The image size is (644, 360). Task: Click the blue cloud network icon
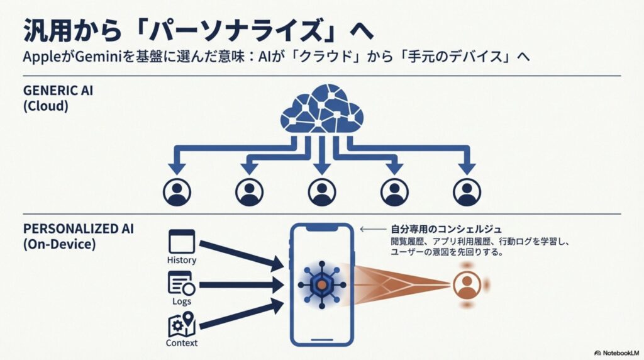point(322,111)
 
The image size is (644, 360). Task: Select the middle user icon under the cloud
point(322,191)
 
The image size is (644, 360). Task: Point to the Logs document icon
point(181,283)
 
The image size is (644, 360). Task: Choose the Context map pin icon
point(182,325)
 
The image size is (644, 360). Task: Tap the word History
point(182,261)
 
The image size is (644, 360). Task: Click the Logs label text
point(182,302)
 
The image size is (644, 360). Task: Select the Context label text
point(182,344)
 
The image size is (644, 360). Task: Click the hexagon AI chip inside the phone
point(321,285)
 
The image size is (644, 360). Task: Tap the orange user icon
point(467,285)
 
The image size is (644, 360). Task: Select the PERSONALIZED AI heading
point(70,228)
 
